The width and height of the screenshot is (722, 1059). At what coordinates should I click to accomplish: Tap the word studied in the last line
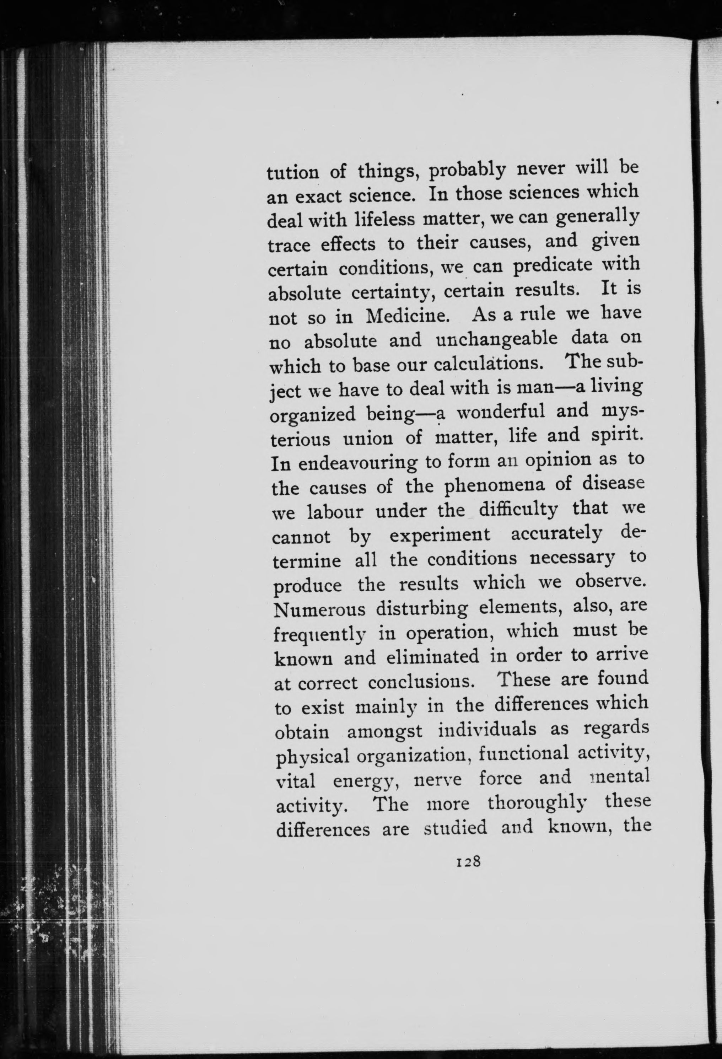(x=456, y=828)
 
